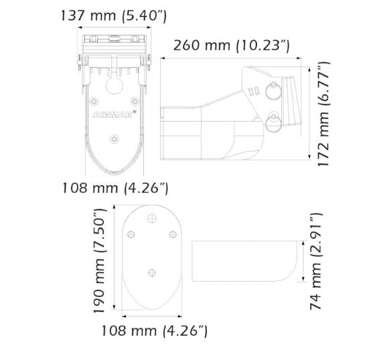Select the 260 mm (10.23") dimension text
[231, 46]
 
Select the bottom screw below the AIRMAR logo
[114, 139]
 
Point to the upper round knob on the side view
[273, 91]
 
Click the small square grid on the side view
[252, 90]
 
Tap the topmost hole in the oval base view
[152, 217]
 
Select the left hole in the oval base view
[132, 234]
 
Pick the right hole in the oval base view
[172, 234]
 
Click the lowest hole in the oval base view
[152, 272]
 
